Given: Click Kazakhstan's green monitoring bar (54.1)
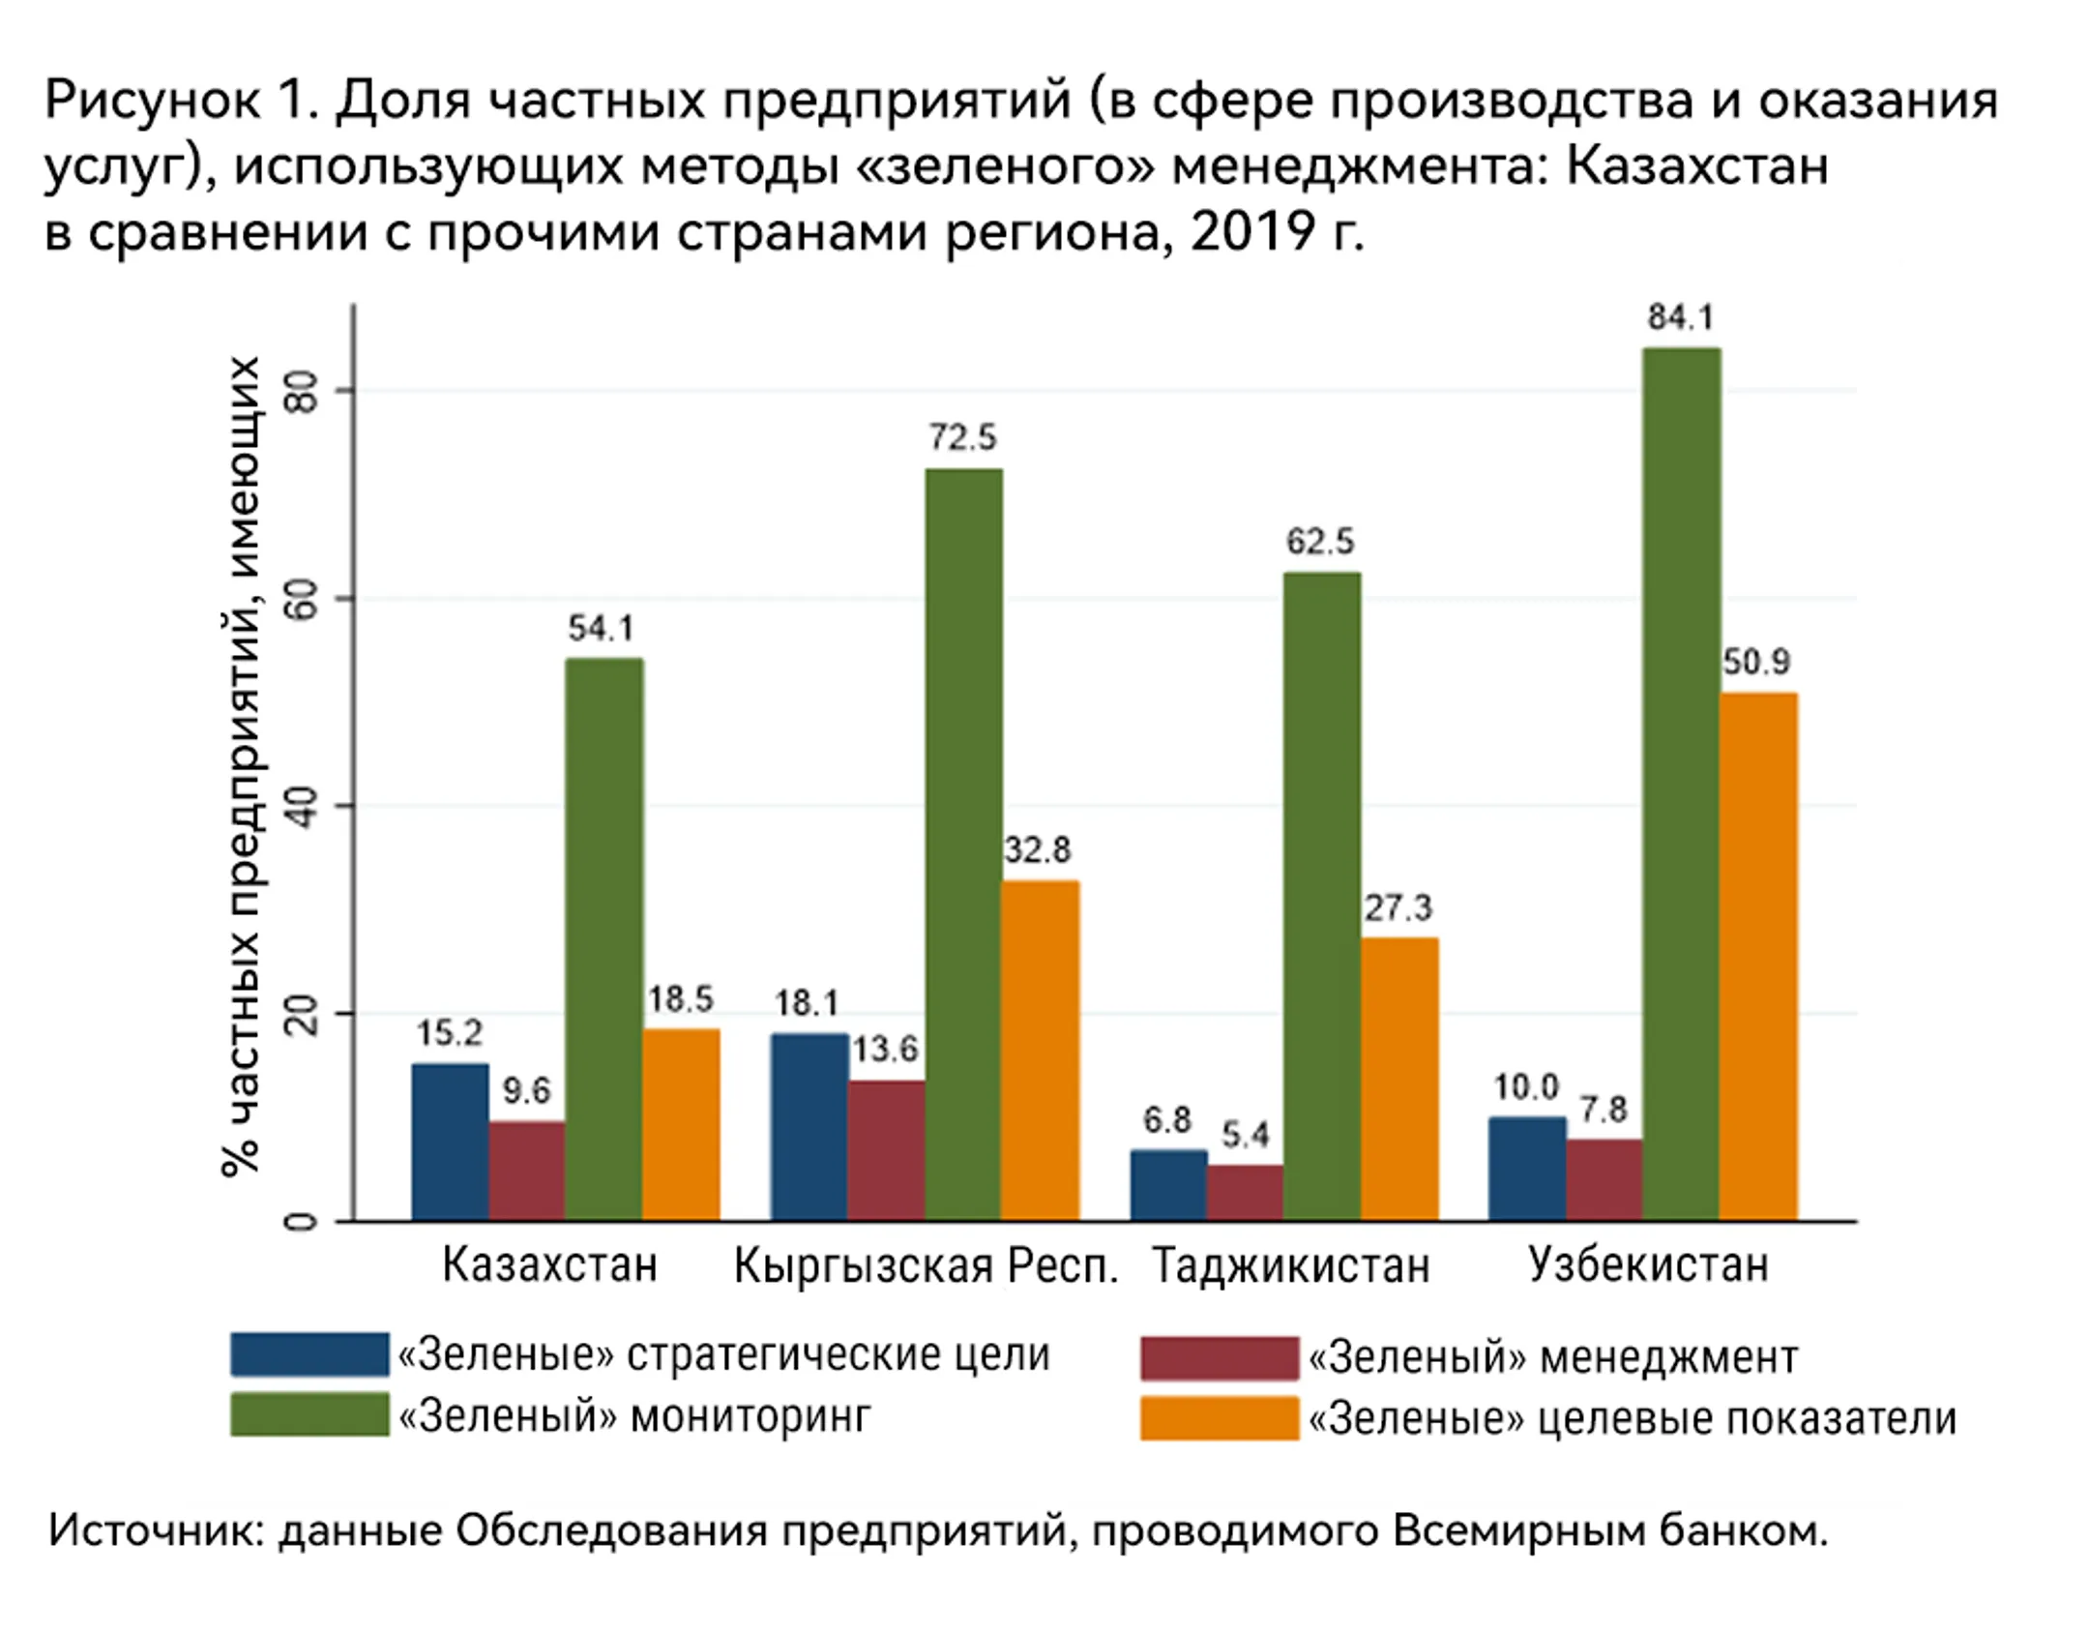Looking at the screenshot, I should coord(603,938).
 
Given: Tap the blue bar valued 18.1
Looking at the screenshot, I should coord(809,1126).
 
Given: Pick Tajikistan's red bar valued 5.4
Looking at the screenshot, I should coord(1245,1192).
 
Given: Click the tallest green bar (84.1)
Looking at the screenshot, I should coord(1681,784).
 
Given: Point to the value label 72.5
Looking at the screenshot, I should coord(962,437).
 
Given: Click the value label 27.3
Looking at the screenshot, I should coord(1398,907).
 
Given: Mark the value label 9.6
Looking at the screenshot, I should coord(526,1091).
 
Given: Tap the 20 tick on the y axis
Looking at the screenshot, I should coord(304,1014).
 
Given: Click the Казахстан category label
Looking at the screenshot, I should coord(549,1265).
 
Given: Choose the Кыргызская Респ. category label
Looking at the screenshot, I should coord(925,1265).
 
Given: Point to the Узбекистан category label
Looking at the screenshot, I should coord(1647,1265).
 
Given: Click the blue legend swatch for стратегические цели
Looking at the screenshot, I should coord(309,1354).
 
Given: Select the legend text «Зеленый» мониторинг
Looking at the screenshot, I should coord(634,1416).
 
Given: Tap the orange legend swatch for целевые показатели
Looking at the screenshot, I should coord(1219,1418).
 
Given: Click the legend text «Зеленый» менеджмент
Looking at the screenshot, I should coord(1552,1357).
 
